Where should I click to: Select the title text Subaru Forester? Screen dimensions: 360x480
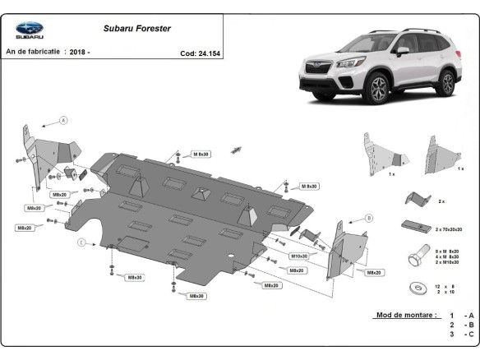click(137, 28)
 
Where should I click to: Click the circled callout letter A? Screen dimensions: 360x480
click(62, 121)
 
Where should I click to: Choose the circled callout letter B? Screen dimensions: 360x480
click(369, 218)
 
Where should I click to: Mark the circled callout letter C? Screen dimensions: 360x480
click(81, 242)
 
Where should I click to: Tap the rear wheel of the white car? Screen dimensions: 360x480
click(446, 83)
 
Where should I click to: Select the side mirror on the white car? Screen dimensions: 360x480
click(403, 51)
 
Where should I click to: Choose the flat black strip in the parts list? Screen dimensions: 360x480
click(413, 226)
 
